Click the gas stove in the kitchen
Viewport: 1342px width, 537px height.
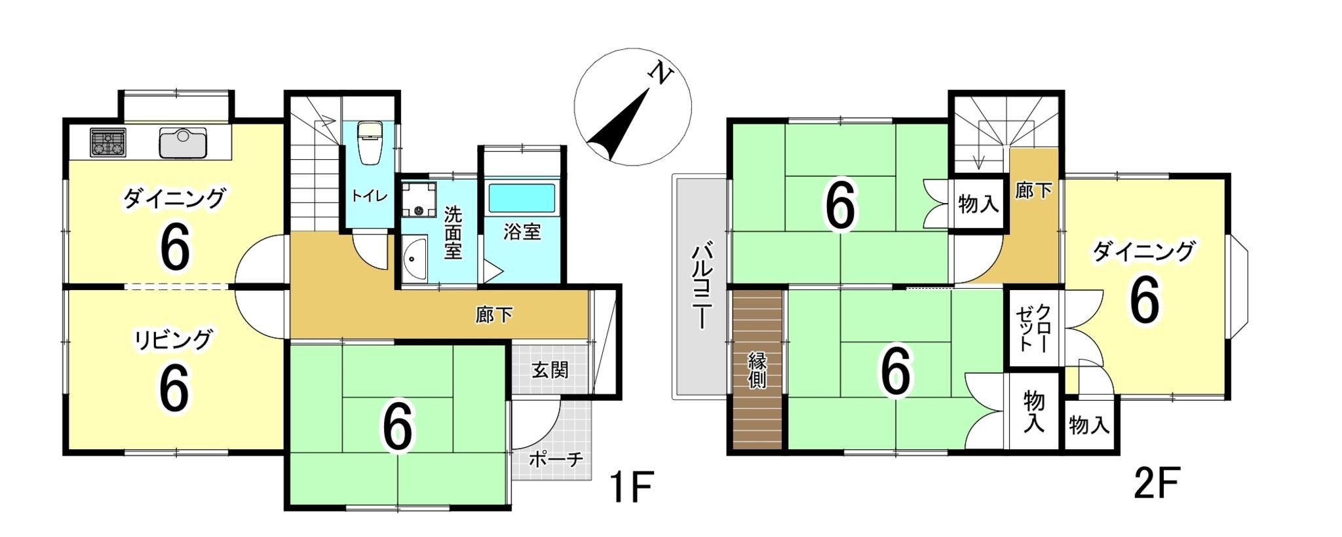(107, 142)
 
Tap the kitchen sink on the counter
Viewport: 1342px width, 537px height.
(183, 143)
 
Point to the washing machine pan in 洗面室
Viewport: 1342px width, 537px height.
(419, 199)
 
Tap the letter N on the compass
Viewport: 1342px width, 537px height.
(661, 74)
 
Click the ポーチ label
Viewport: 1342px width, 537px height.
(556, 460)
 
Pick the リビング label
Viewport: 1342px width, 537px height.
(174, 339)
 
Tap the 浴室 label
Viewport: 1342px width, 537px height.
(522, 231)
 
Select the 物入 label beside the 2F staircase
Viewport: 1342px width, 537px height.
(978, 204)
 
